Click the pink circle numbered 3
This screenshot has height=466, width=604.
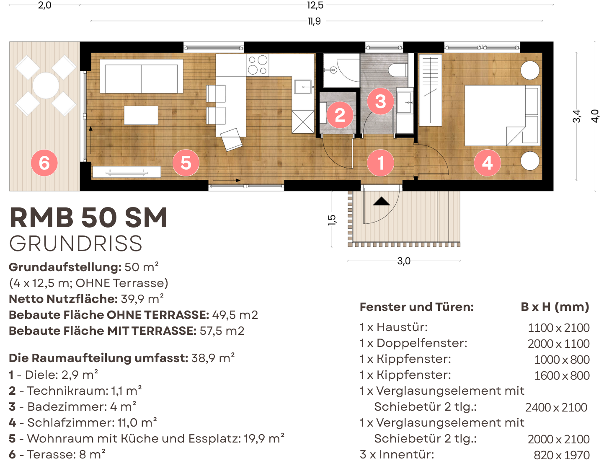tap(380, 101)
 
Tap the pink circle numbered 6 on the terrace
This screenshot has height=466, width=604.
tap(44, 163)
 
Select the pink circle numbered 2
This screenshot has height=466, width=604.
tap(340, 115)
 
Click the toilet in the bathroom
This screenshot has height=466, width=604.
tap(398, 70)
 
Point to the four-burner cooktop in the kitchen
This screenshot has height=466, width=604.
tap(258, 65)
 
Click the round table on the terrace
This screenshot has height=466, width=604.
tap(46, 85)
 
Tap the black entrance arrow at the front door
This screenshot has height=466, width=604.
tap(381, 201)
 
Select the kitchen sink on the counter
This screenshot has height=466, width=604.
tap(303, 87)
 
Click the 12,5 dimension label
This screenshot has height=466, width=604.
tap(315, 5)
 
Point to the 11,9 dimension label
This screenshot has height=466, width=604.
tap(314, 21)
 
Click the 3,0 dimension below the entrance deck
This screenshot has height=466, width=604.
tap(404, 261)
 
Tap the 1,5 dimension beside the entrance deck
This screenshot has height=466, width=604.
tap(332, 220)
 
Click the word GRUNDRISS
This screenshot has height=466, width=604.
tap(76, 243)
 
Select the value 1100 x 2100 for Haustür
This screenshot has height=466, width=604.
tap(558, 328)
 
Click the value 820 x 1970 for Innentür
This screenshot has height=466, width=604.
tap(561, 455)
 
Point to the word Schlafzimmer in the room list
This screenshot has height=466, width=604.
tap(71, 422)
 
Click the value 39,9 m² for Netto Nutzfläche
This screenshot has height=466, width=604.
tap(142, 299)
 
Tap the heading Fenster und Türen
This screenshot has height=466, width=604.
tap(417, 307)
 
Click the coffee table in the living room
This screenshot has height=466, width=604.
tap(141, 115)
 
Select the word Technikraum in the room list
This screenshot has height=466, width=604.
tap(68, 391)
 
